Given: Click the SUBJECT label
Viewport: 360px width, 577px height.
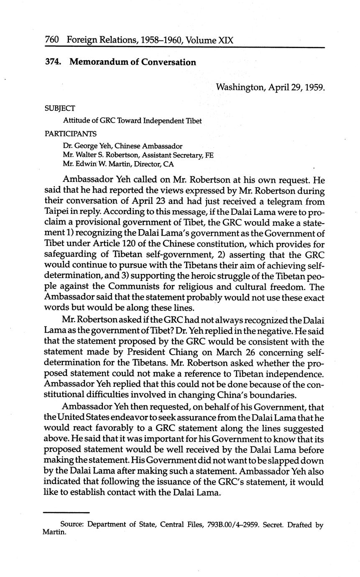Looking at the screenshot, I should coord(60,109).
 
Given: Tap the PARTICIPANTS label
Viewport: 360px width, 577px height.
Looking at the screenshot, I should coord(71,134).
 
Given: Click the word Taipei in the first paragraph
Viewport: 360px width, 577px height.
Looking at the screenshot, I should coord(57,212).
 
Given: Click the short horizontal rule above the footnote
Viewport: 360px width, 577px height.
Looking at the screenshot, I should coord(66,513).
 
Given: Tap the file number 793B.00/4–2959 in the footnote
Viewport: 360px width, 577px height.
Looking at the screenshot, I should coord(234,525).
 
